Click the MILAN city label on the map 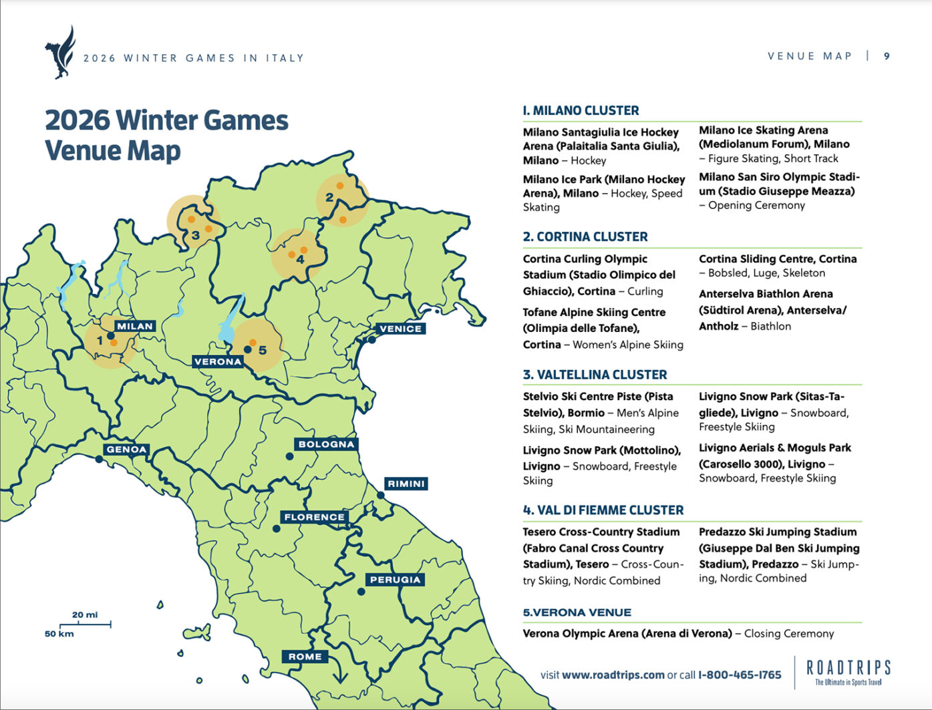[x=135, y=326]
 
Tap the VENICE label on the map [x=400, y=329]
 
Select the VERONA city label [x=218, y=361]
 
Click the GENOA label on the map [x=126, y=450]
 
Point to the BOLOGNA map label [x=326, y=444]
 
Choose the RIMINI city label [x=406, y=484]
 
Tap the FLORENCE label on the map [x=314, y=517]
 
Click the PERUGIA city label [x=395, y=580]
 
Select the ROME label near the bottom [x=305, y=657]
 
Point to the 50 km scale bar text [x=59, y=633]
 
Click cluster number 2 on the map [x=329, y=198]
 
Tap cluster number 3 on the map [x=195, y=235]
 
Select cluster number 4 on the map [x=300, y=259]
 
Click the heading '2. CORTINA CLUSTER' [x=585, y=236]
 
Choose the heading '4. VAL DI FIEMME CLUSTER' [x=603, y=510]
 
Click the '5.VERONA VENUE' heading [x=577, y=612]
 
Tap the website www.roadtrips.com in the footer [x=613, y=675]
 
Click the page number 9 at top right [x=887, y=56]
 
